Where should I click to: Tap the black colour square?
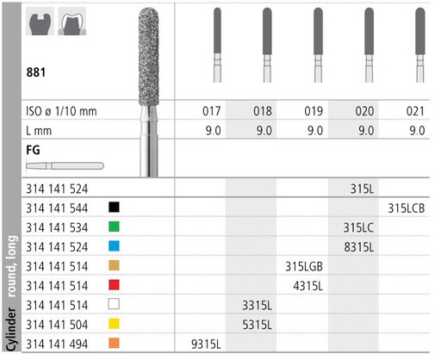click(115, 208)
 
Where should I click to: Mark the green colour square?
click(115, 227)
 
